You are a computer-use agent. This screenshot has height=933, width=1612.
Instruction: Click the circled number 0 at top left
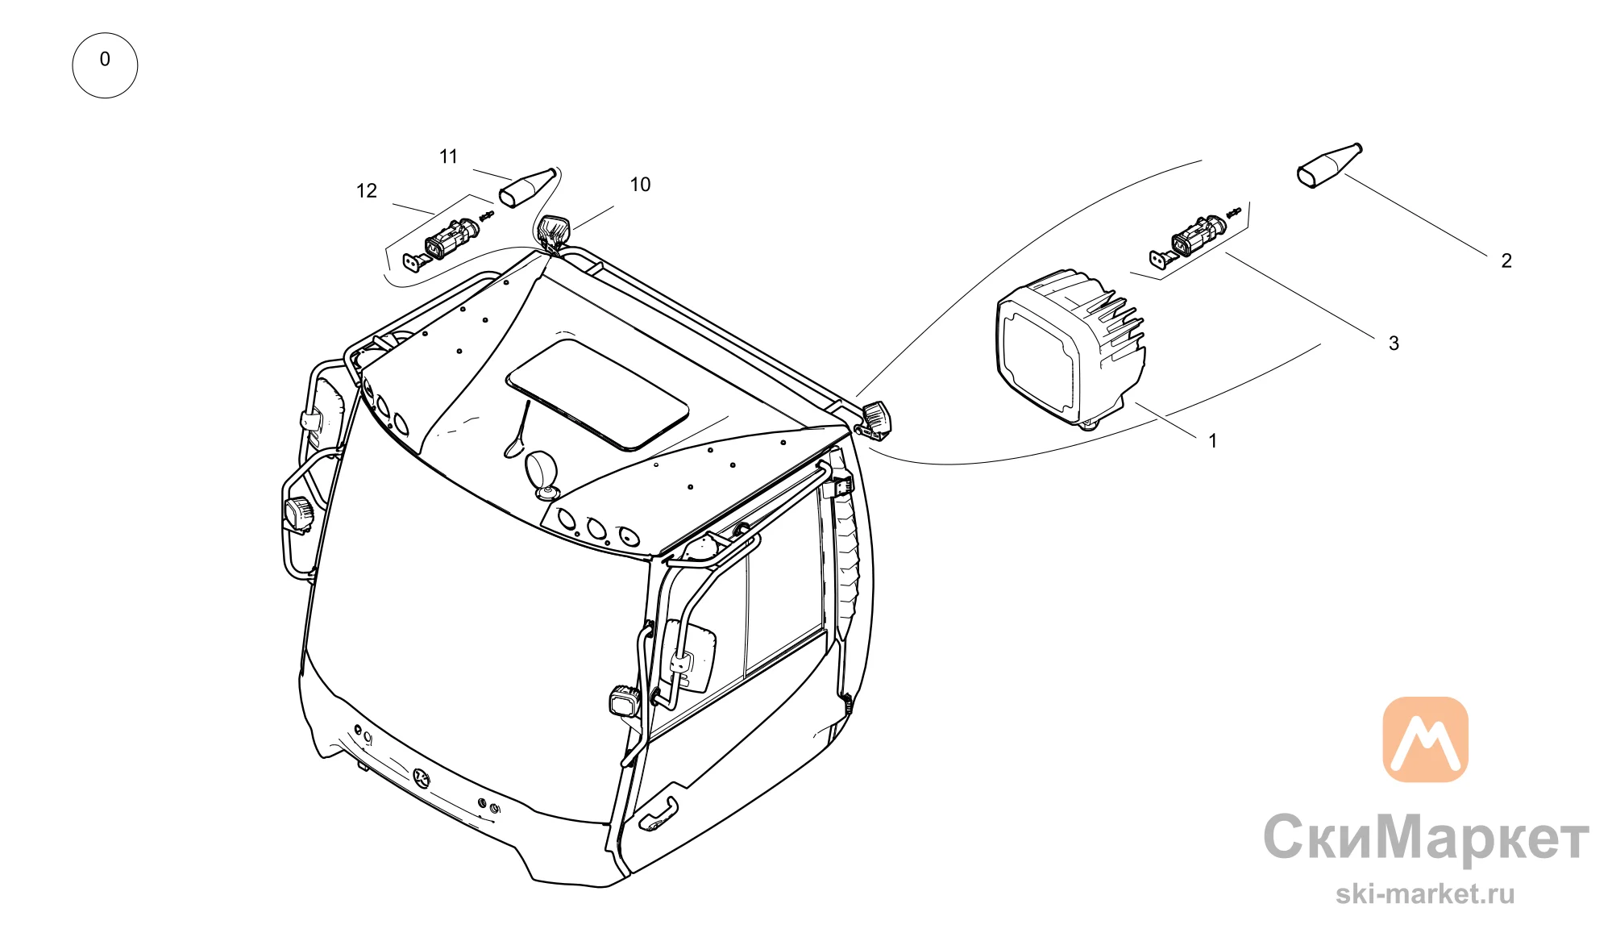point(105,65)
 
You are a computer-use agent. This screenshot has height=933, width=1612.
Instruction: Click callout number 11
point(449,156)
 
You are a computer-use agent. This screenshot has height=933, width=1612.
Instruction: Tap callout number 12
point(367,191)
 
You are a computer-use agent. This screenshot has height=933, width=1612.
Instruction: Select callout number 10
point(640,185)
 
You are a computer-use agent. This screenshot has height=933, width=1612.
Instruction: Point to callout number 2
point(1506,260)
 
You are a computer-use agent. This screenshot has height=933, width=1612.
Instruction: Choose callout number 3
point(1394,344)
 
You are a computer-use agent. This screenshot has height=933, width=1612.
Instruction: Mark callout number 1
point(1212,441)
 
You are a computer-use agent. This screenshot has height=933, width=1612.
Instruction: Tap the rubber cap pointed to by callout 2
point(1329,166)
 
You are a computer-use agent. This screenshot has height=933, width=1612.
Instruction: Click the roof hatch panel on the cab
point(597,394)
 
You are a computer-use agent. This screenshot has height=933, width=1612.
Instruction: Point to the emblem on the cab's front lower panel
point(422,777)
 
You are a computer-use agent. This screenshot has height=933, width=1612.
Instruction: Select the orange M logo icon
point(1425,739)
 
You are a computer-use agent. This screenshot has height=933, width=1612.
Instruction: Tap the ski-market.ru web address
point(1425,893)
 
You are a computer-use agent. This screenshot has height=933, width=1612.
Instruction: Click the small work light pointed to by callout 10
point(555,231)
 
